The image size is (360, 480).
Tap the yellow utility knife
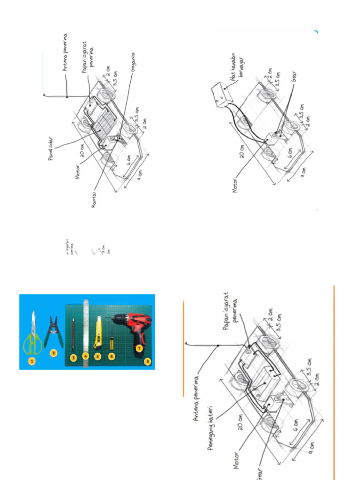(x=98, y=332)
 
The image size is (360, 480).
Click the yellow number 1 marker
(x=32, y=361)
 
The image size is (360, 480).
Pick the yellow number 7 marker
(x=139, y=348)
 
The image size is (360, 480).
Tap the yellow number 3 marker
(x=73, y=357)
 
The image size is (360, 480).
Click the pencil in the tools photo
(x=73, y=334)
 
